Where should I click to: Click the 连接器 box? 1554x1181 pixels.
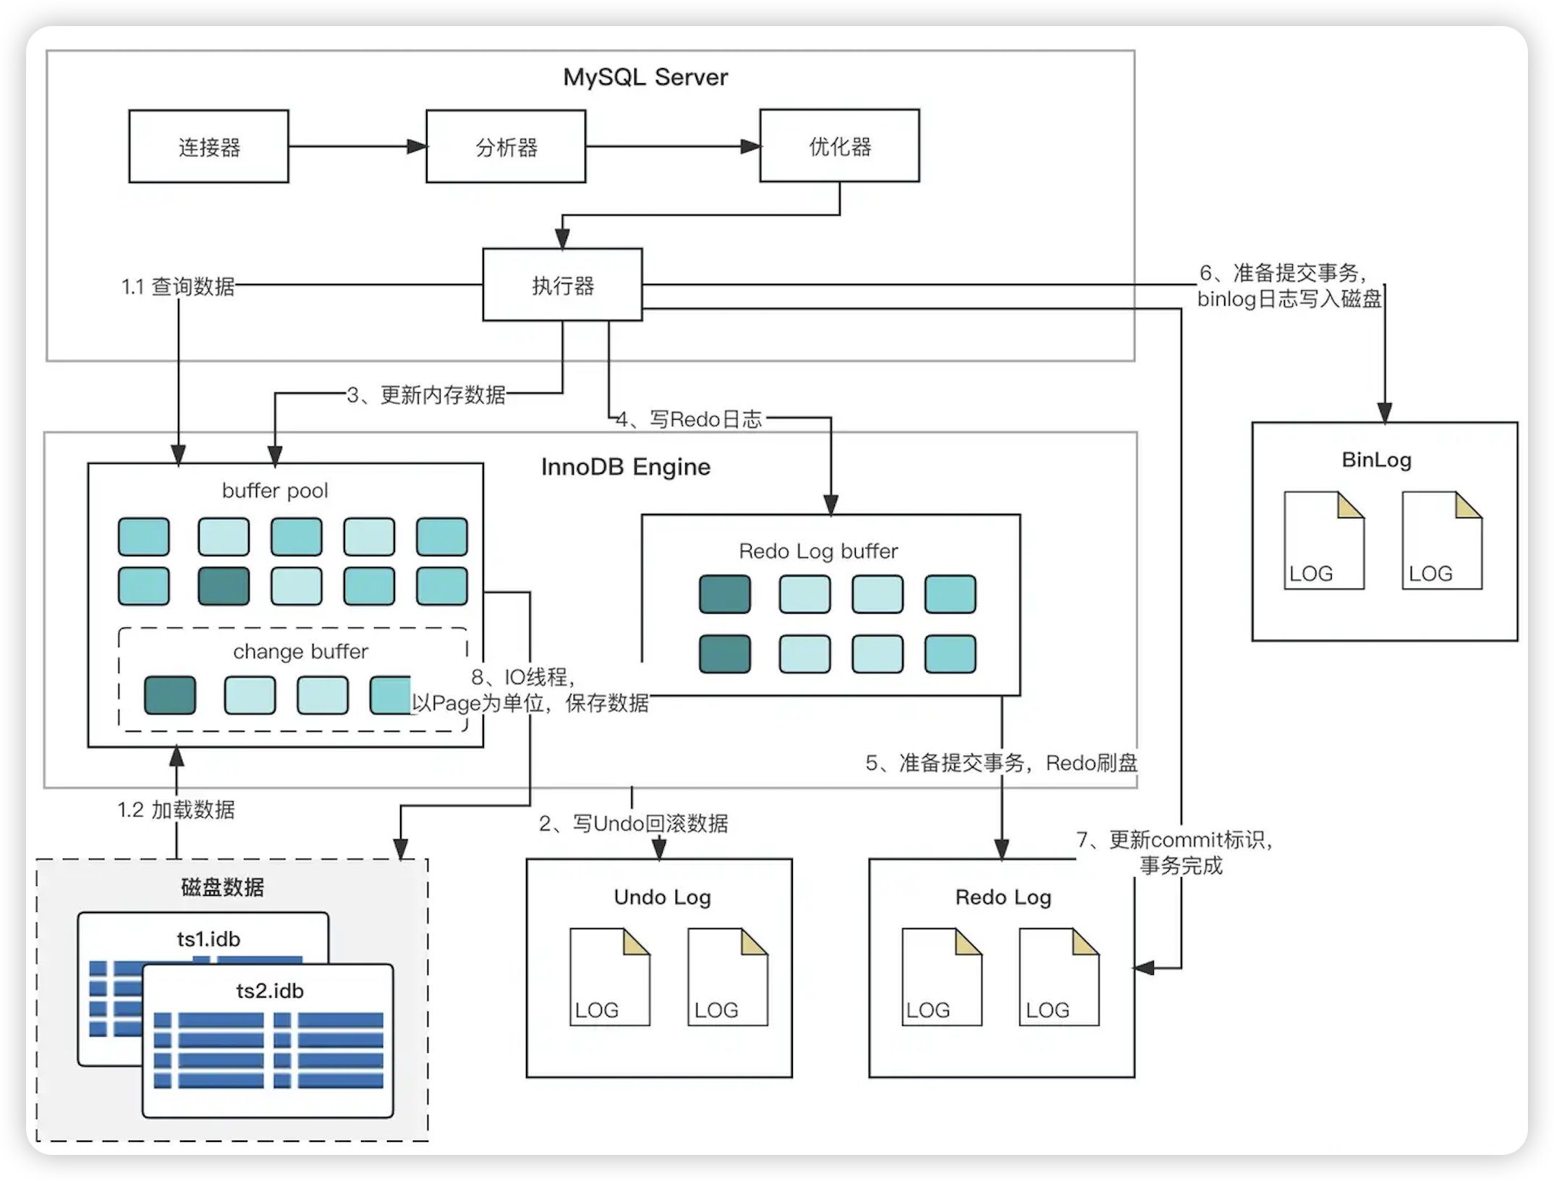tap(208, 147)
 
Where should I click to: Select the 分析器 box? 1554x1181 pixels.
tap(506, 147)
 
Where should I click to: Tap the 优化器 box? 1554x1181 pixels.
tap(839, 146)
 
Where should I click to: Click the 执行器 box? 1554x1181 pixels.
tap(562, 285)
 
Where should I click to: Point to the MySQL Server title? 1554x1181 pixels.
tap(645, 77)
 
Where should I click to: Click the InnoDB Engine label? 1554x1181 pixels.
tap(626, 467)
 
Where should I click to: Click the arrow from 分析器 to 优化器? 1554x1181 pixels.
tap(673, 147)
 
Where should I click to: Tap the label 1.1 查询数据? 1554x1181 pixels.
tap(178, 287)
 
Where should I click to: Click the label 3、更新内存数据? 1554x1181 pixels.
tap(426, 394)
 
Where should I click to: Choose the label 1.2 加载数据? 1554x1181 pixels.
tap(177, 809)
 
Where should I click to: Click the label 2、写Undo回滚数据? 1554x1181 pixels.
tap(634, 824)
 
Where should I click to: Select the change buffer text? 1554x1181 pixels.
tap(300, 652)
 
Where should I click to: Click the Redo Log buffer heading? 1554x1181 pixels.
tap(818, 551)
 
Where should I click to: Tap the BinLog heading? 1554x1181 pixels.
tap(1376, 460)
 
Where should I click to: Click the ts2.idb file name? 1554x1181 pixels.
tap(270, 991)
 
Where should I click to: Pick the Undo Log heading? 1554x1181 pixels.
tap(662, 897)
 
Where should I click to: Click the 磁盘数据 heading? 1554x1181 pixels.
tap(222, 887)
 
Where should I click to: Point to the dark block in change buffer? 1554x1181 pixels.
tap(170, 695)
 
